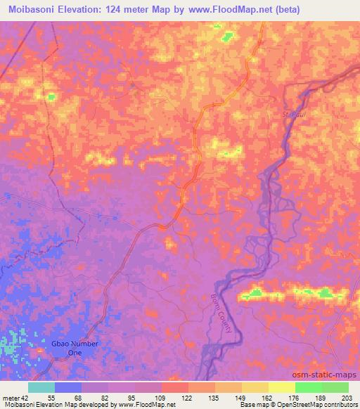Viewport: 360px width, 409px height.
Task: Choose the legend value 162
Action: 269,397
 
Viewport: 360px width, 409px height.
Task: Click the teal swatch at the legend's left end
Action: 41,387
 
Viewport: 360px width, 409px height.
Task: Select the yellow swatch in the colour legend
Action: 281,387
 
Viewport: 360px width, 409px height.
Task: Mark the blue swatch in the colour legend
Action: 68,387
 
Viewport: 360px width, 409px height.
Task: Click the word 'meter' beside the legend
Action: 9,397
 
